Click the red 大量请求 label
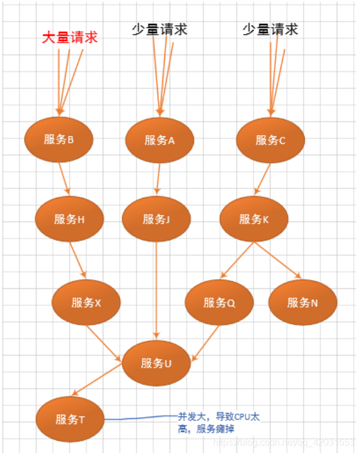tap(70, 38)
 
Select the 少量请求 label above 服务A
tap(159, 30)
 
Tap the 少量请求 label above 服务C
tap(270, 30)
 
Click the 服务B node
tap(59, 140)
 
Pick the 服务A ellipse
tap(160, 140)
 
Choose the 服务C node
tap(270, 140)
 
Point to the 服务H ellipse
tap(69, 219)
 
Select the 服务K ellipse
tap(254, 219)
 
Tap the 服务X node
tap(86, 302)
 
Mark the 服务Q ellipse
tap(219, 302)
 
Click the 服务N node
tap(303, 302)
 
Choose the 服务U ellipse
tap(156, 364)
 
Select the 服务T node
tap(70, 419)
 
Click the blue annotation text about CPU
tap(218, 422)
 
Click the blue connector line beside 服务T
tap(139, 417)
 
